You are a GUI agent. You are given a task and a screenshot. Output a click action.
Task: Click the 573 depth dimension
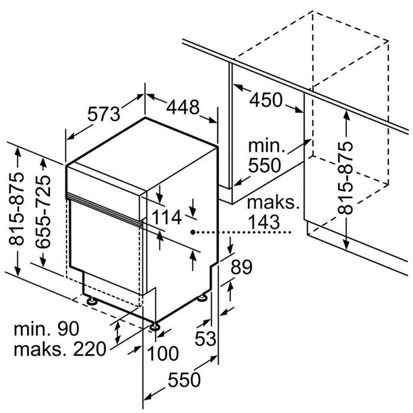pos(104,114)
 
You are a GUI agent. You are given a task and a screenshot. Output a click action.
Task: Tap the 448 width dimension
pos(183,107)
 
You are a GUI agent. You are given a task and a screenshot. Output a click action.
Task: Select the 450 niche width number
pos(265,100)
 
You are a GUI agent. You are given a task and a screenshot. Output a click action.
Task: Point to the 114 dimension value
pos(167,217)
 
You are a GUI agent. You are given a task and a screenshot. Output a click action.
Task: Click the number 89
pos(242,267)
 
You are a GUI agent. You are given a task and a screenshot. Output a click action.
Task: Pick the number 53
pos(205,339)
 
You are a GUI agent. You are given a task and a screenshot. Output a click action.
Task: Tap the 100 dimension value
pos(163,353)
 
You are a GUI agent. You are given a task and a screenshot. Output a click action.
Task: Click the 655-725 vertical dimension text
pos(43,212)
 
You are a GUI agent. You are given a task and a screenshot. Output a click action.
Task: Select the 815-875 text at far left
pos(17,209)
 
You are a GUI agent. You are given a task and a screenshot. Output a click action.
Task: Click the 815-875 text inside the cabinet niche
pos(345,178)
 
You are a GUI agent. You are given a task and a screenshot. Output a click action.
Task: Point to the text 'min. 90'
pos(46,329)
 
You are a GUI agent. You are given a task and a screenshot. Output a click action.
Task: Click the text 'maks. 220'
pos(60,350)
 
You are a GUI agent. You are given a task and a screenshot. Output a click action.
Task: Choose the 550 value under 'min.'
pos(264,165)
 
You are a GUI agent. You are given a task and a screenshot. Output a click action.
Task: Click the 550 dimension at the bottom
pos(184,380)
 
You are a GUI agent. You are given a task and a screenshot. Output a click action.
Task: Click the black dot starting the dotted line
pos(193,232)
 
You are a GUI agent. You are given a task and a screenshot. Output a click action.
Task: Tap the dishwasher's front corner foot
pos(154,327)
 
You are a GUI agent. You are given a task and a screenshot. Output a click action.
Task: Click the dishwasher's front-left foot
pos(91,300)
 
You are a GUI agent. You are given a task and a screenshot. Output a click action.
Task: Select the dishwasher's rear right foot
pos(202,298)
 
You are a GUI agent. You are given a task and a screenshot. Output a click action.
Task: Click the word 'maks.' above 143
pos(273,202)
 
